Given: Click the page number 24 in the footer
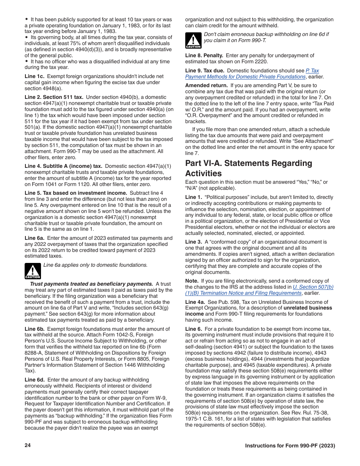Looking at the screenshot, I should click(27, 446).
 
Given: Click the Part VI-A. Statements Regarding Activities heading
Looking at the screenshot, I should click(249, 168).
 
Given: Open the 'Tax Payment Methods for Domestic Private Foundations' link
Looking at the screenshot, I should click(252, 73).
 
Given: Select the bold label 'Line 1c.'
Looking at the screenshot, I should click(34, 77).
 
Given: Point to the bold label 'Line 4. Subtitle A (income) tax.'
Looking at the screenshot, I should click(64, 166).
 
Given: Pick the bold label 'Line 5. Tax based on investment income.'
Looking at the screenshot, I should click(76, 193).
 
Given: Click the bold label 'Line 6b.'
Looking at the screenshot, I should click(34, 329).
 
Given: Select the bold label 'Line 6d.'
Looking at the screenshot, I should click(34, 380).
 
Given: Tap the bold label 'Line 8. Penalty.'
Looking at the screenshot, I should click(204, 56).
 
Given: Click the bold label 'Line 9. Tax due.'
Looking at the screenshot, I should click(205, 70).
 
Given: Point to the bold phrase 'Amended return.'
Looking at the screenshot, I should click(206, 86).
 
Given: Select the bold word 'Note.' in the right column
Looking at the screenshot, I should click(192, 281).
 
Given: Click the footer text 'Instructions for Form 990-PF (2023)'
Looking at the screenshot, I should click(290, 446).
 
